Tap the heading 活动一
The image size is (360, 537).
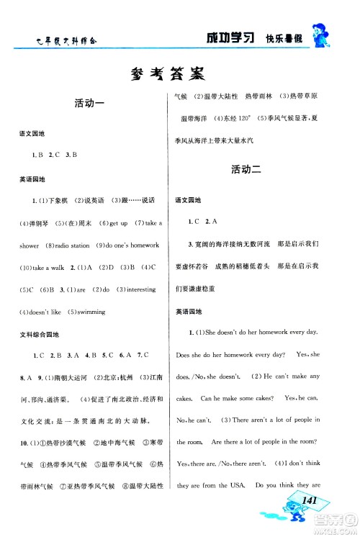click(90, 104)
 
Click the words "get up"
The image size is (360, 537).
click(118, 223)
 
